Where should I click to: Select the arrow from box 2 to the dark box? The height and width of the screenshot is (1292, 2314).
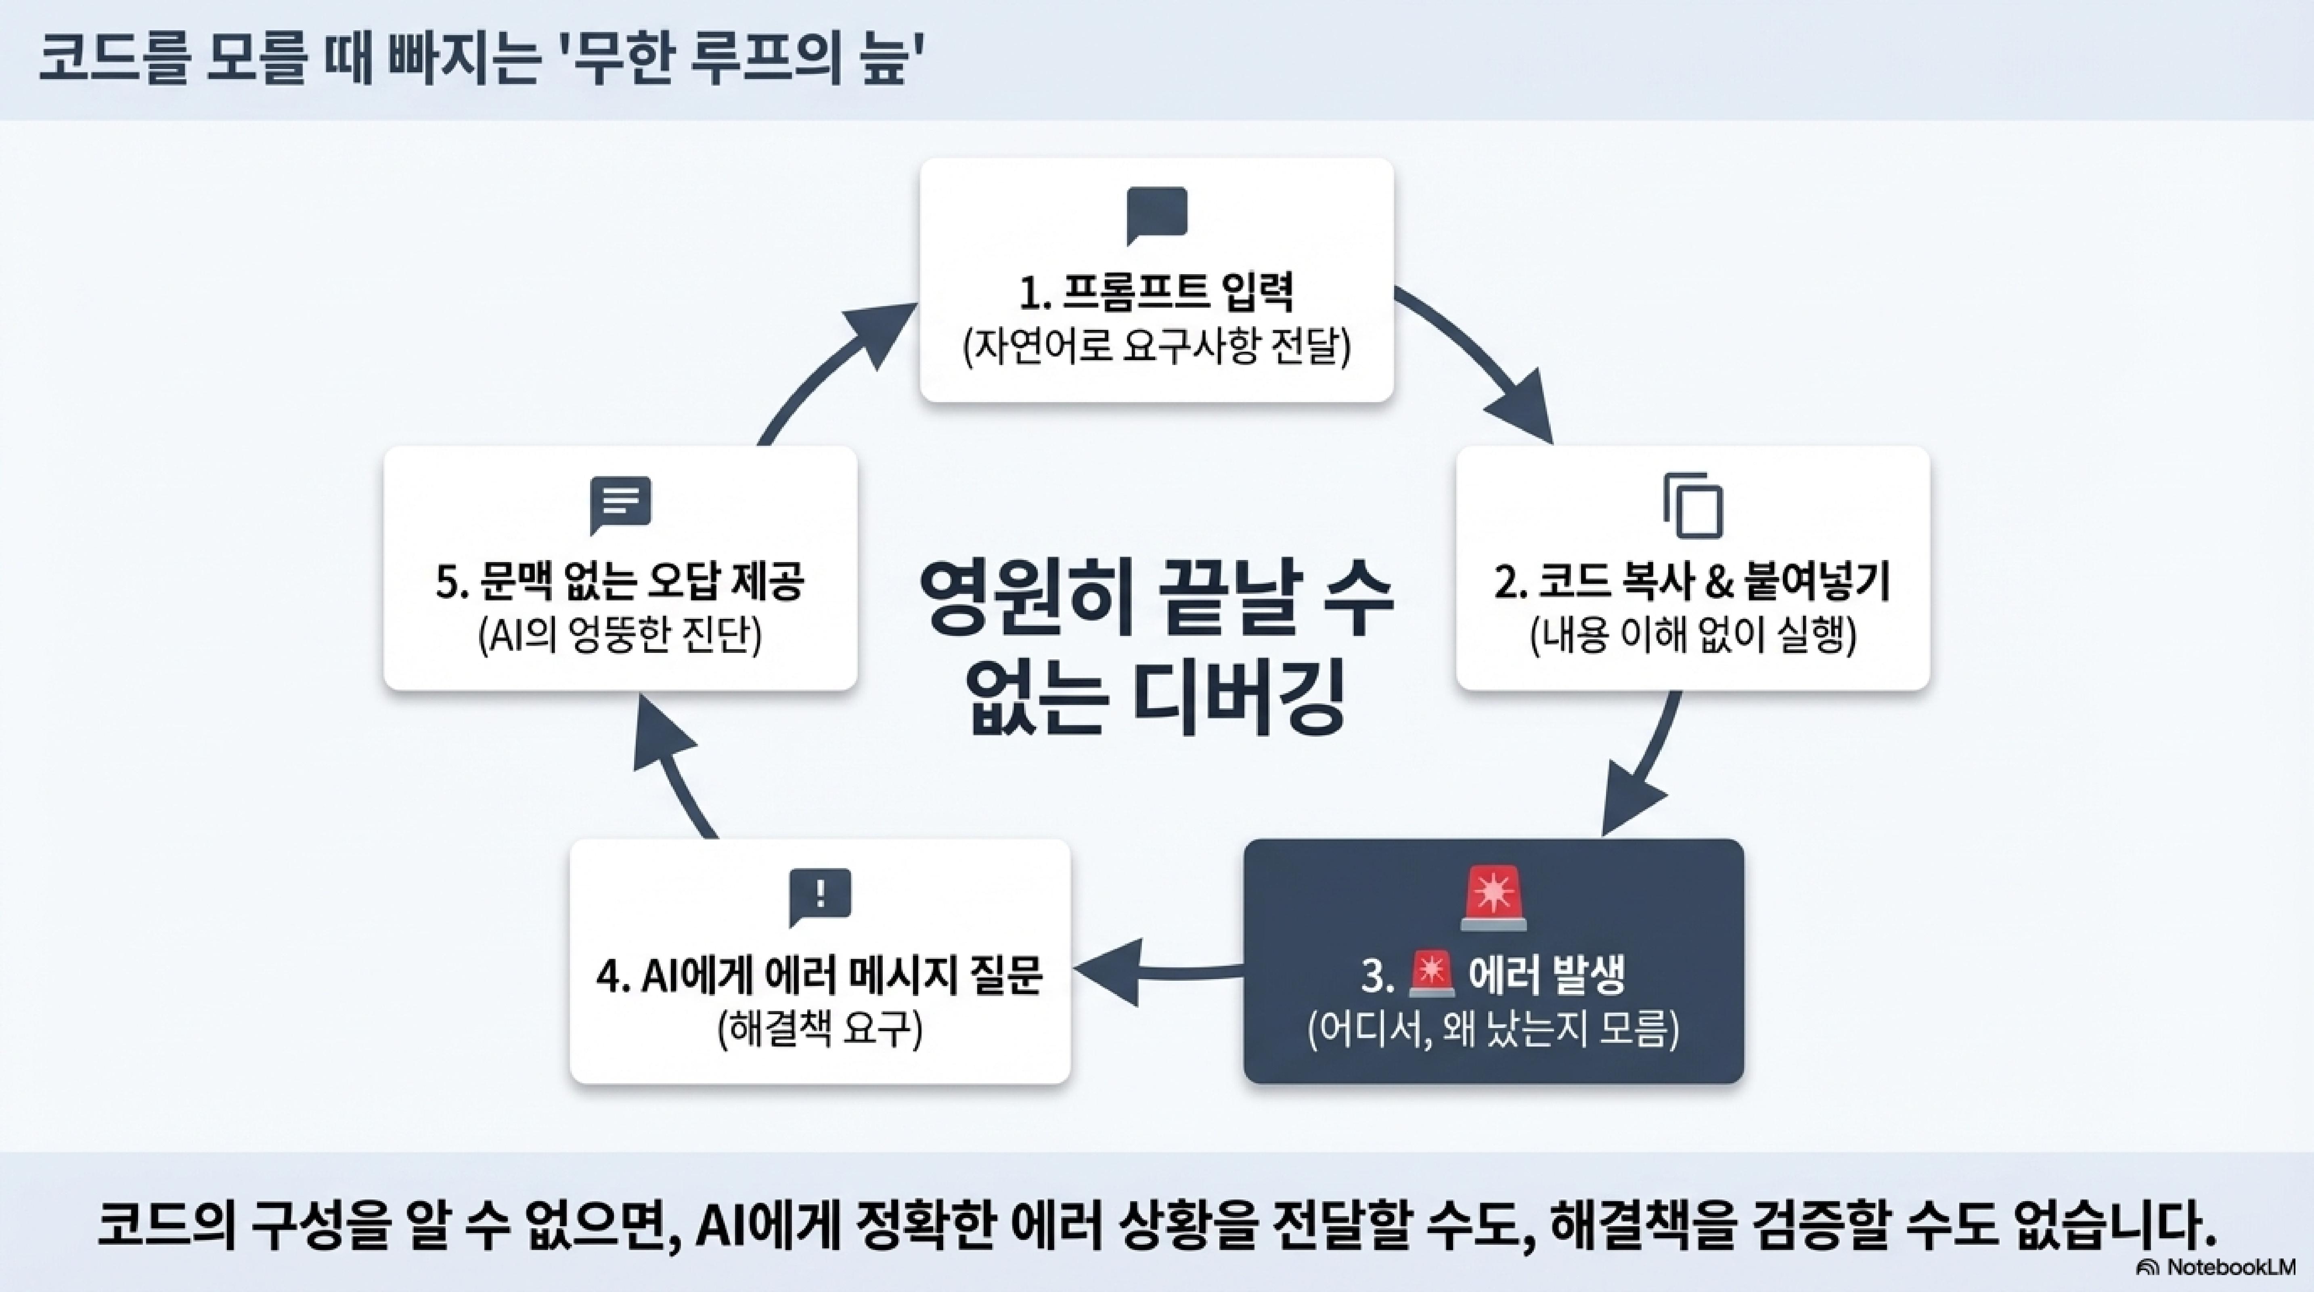(1644, 773)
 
